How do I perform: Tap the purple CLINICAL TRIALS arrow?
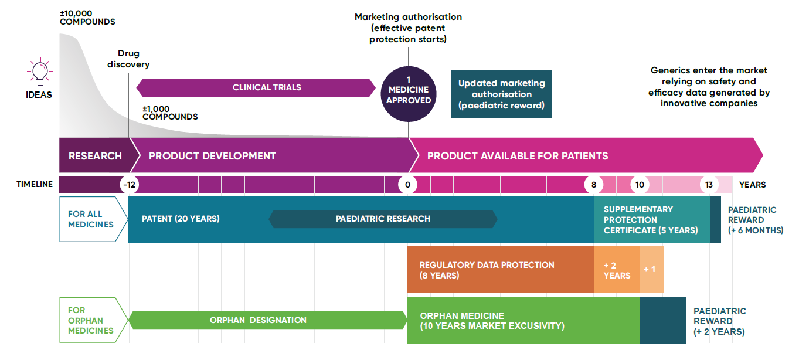click(256, 87)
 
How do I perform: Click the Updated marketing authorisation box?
click(501, 94)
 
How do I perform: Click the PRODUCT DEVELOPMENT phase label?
click(212, 156)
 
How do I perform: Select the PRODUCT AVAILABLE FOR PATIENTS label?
click(517, 156)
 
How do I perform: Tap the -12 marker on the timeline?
click(128, 185)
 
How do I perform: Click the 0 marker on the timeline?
click(407, 185)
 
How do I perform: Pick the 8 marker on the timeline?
click(593, 185)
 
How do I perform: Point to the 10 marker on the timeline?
click(640, 185)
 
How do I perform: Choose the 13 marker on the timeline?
click(709, 185)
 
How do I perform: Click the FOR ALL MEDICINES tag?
click(91, 219)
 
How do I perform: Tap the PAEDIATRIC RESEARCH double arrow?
click(383, 219)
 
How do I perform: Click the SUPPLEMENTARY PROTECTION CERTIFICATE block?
click(651, 219)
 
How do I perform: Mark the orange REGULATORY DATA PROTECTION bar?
click(500, 270)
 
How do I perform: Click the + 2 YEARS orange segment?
click(617, 270)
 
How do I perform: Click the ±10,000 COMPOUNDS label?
click(87, 18)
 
